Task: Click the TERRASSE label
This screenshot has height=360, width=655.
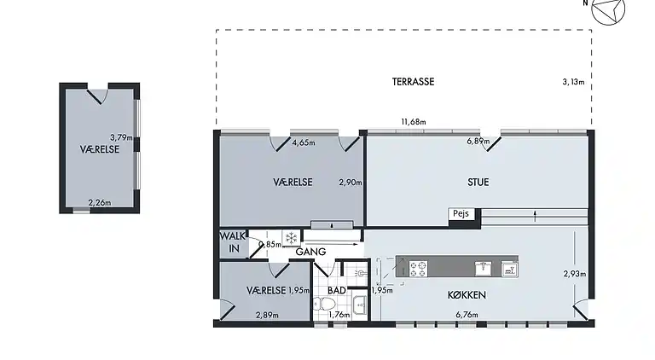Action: click(x=414, y=82)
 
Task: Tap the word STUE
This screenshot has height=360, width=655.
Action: click(x=478, y=181)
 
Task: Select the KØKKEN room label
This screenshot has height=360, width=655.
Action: click(x=467, y=294)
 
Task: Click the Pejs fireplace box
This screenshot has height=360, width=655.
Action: click(x=461, y=215)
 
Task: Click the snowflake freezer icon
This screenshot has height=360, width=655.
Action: click(x=290, y=238)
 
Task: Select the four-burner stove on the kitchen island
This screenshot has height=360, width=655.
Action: click(x=419, y=268)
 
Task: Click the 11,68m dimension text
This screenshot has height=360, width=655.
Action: click(x=414, y=122)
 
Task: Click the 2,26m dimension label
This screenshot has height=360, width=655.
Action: click(x=101, y=202)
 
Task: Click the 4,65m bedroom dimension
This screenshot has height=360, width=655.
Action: click(x=303, y=142)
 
